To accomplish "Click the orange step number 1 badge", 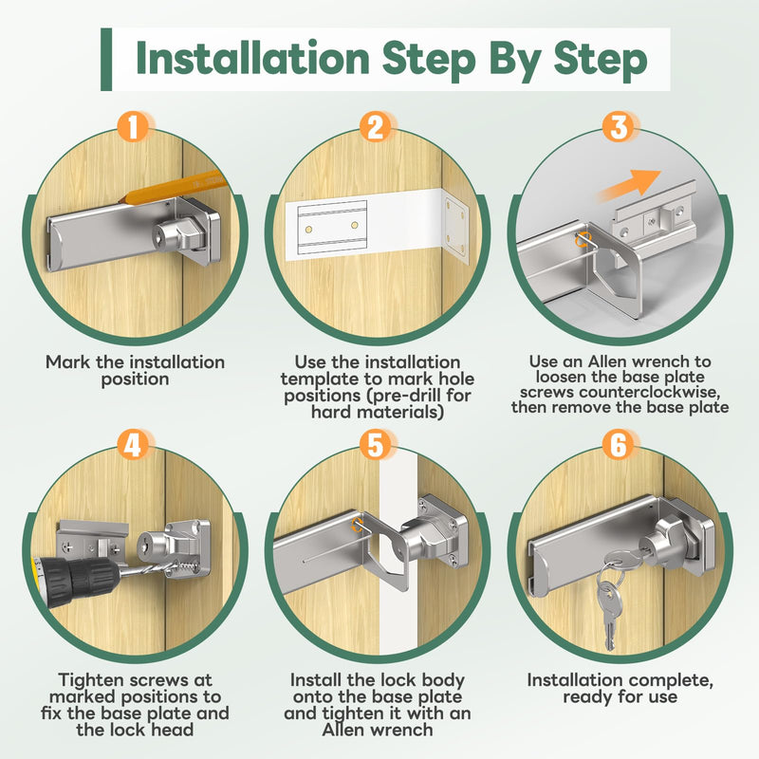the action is click(x=133, y=127).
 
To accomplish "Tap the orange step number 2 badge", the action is click(x=376, y=127).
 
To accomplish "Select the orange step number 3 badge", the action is click(x=620, y=127).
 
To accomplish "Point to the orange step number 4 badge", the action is click(x=133, y=445).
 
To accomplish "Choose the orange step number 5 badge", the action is click(x=376, y=445).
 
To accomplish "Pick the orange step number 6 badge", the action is click(x=620, y=445).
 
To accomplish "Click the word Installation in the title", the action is click(x=252, y=59).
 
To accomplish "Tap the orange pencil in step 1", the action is click(x=175, y=188).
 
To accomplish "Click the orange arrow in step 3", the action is click(x=628, y=185).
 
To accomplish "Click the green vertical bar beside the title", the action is click(x=106, y=59).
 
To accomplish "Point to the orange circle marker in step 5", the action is click(x=359, y=524).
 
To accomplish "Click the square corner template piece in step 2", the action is click(x=456, y=227).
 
